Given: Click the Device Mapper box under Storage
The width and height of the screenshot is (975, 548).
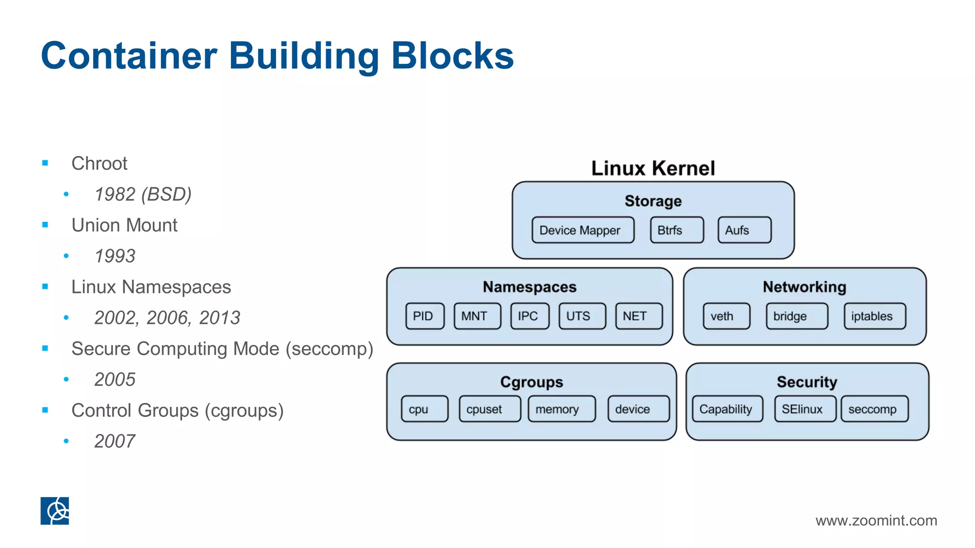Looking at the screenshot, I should (583, 230).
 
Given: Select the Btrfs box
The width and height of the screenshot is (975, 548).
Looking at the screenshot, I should (677, 230).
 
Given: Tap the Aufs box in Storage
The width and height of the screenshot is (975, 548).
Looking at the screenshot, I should (744, 230).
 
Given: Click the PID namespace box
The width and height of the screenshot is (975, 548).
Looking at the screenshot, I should (425, 316).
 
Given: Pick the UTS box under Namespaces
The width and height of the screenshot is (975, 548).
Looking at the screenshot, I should (582, 316).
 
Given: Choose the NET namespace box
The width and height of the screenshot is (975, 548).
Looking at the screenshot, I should (638, 316).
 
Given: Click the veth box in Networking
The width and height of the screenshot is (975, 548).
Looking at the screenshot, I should (726, 316).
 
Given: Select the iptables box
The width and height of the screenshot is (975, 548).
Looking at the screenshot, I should (875, 316).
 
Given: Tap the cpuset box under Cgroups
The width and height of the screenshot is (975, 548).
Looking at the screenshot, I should (489, 409).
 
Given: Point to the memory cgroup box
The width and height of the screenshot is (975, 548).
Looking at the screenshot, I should (561, 409).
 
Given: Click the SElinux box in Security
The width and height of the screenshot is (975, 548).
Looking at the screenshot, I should (805, 409).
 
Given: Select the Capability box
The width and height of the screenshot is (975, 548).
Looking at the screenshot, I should (727, 409).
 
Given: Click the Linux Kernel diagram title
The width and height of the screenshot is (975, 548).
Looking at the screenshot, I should (653, 168).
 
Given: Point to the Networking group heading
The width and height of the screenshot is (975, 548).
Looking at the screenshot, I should (804, 287).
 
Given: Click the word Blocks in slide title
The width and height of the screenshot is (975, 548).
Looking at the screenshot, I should (452, 56).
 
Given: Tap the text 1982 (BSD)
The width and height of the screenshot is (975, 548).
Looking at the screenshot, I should (143, 194).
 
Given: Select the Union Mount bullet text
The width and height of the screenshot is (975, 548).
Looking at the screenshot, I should (124, 225).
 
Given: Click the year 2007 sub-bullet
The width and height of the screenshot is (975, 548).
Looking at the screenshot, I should (115, 441).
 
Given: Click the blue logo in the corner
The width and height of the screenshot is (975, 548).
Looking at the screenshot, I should (55, 511).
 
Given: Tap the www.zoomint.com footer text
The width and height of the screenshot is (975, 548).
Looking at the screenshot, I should (876, 520).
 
